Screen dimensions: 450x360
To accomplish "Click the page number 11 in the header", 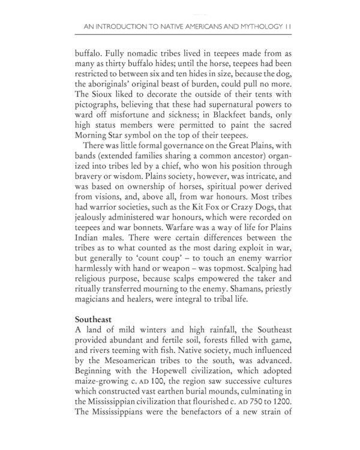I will (x=289, y=26).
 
